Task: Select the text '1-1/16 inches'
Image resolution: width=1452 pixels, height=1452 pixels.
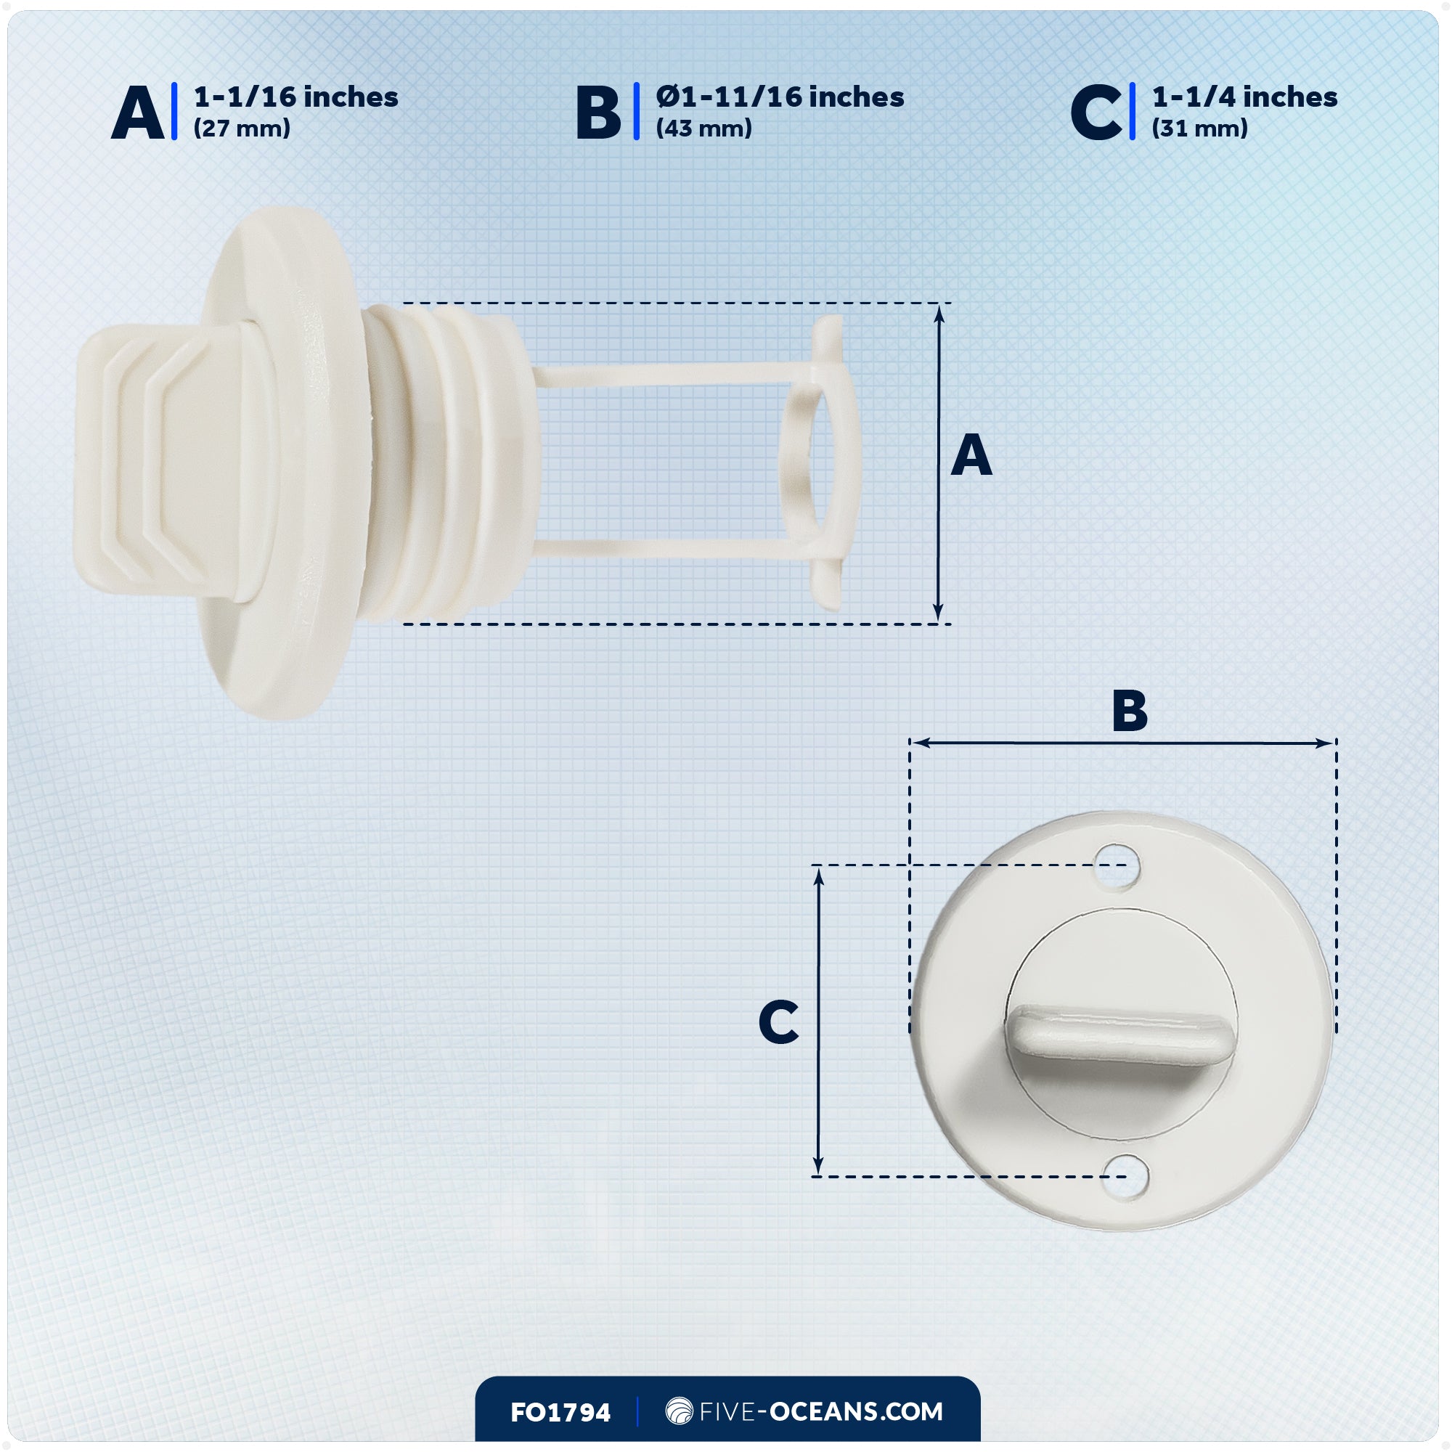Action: pos(296,97)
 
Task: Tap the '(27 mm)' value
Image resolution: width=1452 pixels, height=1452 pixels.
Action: pos(242,129)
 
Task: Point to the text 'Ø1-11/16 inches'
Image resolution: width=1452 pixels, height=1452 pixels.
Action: pos(780,97)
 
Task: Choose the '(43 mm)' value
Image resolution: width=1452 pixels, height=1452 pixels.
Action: pos(704,129)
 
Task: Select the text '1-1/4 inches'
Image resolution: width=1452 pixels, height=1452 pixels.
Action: pos(1244,97)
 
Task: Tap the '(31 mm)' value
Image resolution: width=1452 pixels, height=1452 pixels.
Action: pos(1200,129)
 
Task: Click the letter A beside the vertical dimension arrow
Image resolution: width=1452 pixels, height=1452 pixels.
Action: pos(971,454)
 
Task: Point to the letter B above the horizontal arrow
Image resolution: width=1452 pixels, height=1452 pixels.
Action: pos(1130,710)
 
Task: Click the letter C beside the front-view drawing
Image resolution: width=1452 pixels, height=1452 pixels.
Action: pos(778,1022)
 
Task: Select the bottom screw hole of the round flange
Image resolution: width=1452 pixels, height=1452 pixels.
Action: pos(1125,1176)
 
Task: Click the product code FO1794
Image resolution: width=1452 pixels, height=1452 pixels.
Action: pos(560,1412)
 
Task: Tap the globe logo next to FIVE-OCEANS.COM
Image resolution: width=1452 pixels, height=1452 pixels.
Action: pos(680,1411)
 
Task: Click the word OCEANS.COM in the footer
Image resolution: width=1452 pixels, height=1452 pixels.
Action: pos(856,1411)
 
